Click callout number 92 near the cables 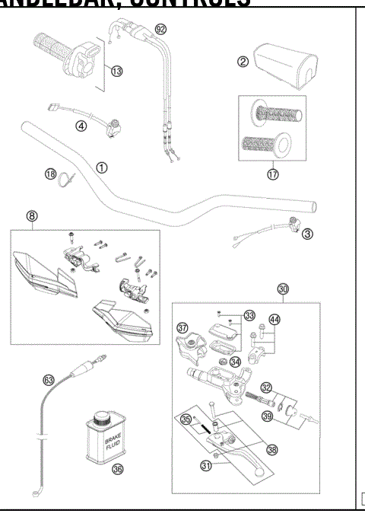[160, 29]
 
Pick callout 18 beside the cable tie [50, 174]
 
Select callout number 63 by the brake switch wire [48, 378]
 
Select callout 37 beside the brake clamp [182, 328]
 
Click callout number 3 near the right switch [306, 233]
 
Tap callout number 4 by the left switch [81, 127]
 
